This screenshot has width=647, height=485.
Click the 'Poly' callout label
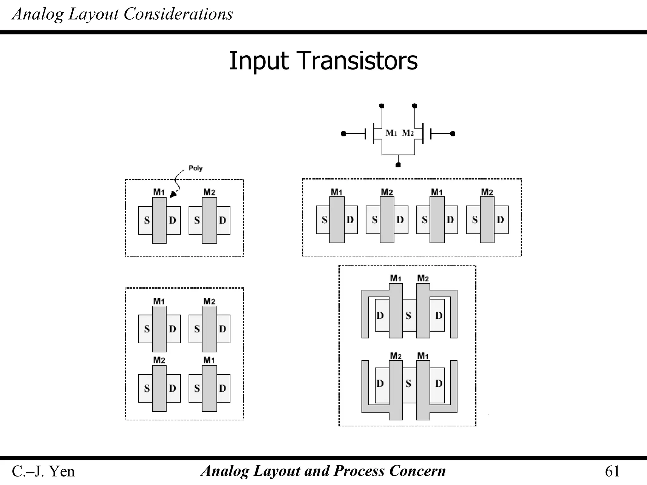coord(195,168)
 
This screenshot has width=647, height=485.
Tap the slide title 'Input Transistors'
coord(323,61)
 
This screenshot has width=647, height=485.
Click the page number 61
coord(612,471)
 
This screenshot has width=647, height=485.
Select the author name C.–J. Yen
coord(43,471)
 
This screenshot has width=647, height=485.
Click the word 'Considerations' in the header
coord(178,14)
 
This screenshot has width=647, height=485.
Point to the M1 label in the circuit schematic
coord(391,133)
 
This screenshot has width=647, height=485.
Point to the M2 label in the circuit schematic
coord(408,133)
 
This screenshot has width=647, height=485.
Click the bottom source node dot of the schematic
coord(398,165)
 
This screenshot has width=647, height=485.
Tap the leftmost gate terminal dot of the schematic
coord(343,134)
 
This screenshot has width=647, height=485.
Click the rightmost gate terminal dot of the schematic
coord(453,134)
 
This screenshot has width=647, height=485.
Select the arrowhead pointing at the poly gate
coord(173,195)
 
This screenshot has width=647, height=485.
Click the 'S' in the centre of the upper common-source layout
coord(408,315)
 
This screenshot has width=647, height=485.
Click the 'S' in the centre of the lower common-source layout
coord(408,384)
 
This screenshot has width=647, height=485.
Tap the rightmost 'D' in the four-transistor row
coord(500,219)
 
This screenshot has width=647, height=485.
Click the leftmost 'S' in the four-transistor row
coord(324,219)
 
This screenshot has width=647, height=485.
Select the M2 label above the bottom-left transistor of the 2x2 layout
coord(159,360)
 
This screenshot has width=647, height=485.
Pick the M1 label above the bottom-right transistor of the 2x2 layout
coord(209,360)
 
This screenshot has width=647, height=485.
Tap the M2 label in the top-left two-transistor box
coord(209,192)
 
